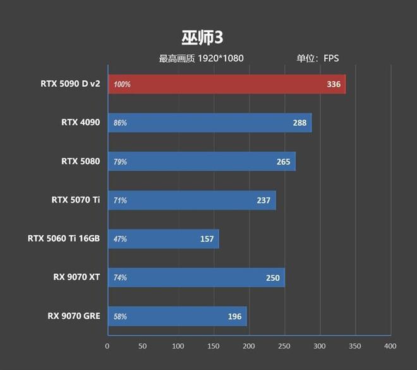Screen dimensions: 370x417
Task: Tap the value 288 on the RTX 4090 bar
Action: (299, 123)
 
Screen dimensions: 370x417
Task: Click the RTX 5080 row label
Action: (80, 161)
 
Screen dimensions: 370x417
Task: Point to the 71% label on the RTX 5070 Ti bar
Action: (120, 200)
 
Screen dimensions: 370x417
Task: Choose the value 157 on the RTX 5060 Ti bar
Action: (207, 239)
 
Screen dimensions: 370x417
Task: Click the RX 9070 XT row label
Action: (76, 276)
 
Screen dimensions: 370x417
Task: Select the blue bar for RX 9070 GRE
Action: (177, 316)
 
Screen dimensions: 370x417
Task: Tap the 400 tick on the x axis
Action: (390, 346)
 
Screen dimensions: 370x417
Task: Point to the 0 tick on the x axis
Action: (107, 346)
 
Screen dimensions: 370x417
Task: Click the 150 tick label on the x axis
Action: (214, 346)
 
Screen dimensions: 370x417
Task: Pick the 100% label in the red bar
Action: (122, 84)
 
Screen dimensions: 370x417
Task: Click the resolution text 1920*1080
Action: (221, 59)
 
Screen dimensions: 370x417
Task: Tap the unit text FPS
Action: (331, 59)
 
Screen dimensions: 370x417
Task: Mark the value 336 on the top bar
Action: (333, 84)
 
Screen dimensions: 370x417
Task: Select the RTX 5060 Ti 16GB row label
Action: (64, 238)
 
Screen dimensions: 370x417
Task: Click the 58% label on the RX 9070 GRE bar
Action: (120, 316)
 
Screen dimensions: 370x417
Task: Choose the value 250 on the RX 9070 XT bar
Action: (272, 278)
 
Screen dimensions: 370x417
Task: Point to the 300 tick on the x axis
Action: (319, 346)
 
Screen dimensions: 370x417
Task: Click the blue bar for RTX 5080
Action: (201, 161)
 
